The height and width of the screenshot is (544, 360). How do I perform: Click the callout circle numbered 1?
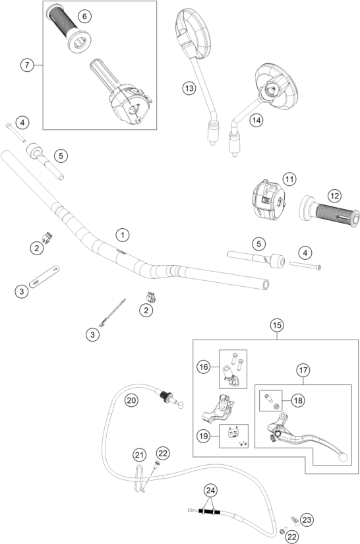pos(123,235)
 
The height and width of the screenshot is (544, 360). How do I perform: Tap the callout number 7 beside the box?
pos(27,65)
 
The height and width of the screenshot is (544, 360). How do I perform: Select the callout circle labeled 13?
pos(189,88)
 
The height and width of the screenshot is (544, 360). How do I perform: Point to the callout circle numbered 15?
pos(277,325)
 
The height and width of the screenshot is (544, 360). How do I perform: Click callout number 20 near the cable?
pos(131,400)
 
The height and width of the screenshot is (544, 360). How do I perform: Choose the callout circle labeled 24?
pos(210,491)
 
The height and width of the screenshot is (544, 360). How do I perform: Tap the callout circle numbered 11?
pos(289,179)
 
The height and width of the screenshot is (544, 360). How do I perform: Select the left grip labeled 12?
pos(330,211)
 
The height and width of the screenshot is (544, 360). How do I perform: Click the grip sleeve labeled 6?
pos(69,28)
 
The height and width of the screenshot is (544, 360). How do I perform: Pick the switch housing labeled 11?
pos(268,200)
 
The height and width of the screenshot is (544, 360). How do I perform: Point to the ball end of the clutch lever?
pos(343,457)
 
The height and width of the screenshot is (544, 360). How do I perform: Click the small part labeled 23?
pos(295,520)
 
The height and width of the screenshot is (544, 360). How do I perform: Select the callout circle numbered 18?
pos(298,400)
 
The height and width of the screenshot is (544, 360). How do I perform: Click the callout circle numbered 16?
pos(204,367)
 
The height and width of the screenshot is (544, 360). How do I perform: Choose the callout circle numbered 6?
pos(84,16)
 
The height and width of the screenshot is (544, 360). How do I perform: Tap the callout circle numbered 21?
pos(139,455)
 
